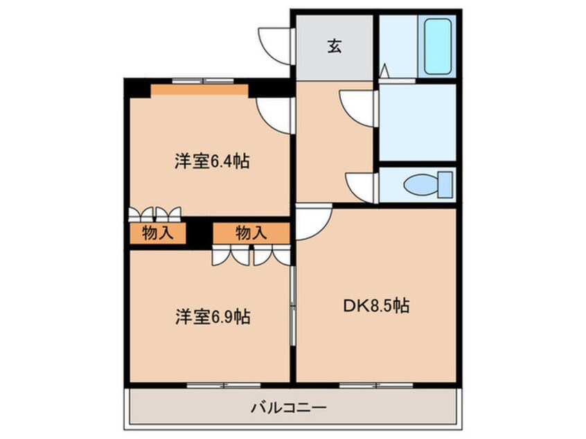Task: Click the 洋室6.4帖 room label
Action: pyautogui.click(x=212, y=161)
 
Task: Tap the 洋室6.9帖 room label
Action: pyautogui.click(x=213, y=317)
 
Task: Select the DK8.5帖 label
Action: pyautogui.click(x=376, y=305)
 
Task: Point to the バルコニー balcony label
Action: pyautogui.click(x=289, y=407)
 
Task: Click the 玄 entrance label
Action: pyautogui.click(x=335, y=46)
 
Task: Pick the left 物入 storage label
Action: pyautogui.click(x=158, y=233)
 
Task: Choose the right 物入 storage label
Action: pyautogui.click(x=251, y=233)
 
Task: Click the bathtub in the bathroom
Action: pyautogui.click(x=438, y=46)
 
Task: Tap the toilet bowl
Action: pyautogui.click(x=421, y=185)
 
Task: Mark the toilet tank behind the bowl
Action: pyautogui.click(x=445, y=185)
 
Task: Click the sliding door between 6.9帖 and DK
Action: pyautogui.click(x=293, y=305)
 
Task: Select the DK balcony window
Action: pyautogui.click(x=376, y=385)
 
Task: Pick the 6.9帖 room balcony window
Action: pyautogui.click(x=224, y=385)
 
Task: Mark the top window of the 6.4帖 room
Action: pyautogui.click(x=203, y=81)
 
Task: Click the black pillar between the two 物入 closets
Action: pyautogui.click(x=199, y=233)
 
